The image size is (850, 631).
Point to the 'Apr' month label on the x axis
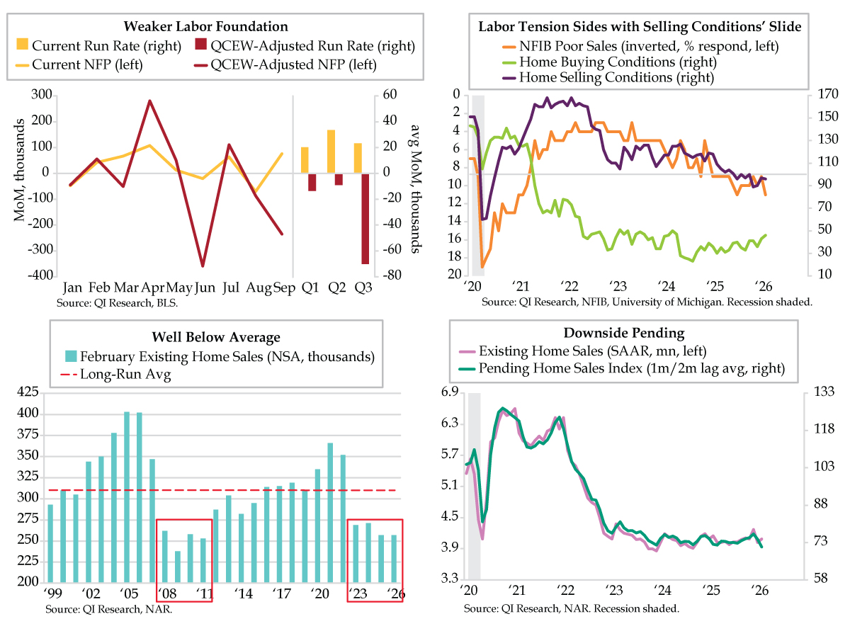[x=154, y=288]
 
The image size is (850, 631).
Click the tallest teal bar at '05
[x=127, y=496]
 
